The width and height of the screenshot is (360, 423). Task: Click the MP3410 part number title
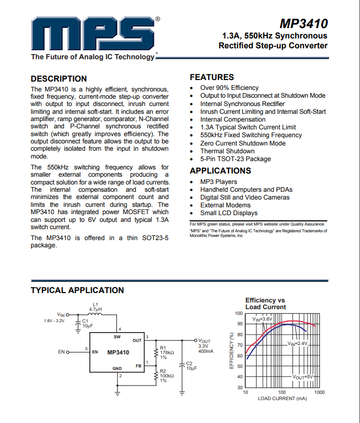click(303, 24)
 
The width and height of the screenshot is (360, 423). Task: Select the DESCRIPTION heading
click(59, 79)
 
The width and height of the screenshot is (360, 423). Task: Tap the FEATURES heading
click(212, 77)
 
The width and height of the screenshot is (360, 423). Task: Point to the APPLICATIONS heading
click(220, 170)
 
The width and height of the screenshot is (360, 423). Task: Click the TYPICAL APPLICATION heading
click(77, 290)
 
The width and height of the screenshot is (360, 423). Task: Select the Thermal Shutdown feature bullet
click(228, 151)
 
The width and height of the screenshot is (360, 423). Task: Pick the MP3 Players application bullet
click(219, 182)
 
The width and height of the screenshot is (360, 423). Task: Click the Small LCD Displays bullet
click(229, 213)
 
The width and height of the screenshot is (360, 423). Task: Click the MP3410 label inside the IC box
click(118, 352)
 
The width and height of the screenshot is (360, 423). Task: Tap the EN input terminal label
click(61, 352)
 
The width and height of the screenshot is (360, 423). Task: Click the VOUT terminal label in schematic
click(205, 340)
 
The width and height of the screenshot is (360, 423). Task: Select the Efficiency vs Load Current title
click(265, 303)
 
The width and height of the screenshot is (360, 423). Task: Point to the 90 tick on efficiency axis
click(239, 324)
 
